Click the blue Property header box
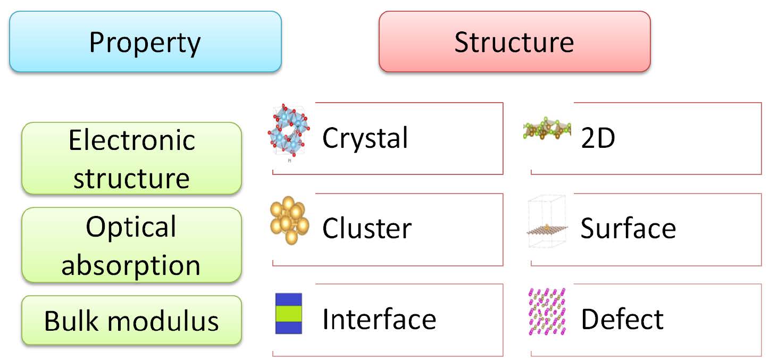point(145,42)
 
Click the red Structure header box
point(514,42)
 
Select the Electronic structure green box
point(131,158)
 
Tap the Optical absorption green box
point(131,245)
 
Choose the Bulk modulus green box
point(131,321)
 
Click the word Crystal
point(365,138)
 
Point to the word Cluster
point(367,229)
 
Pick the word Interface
point(379,319)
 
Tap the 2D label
point(598,138)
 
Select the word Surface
point(628,229)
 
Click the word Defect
point(622,319)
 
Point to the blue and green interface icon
point(289,314)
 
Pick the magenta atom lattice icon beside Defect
point(547,313)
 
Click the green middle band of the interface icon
point(289,314)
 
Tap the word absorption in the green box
point(131,264)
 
